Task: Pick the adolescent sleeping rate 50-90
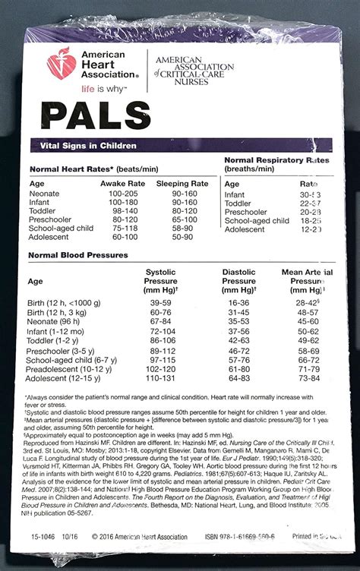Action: tap(183, 237)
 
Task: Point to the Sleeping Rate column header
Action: tap(182, 184)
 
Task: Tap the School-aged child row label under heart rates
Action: tap(61, 227)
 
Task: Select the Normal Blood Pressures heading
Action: tap(78, 255)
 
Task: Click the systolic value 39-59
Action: tap(160, 302)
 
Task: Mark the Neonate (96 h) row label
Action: tap(58, 321)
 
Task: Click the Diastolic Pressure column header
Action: tap(238, 280)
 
